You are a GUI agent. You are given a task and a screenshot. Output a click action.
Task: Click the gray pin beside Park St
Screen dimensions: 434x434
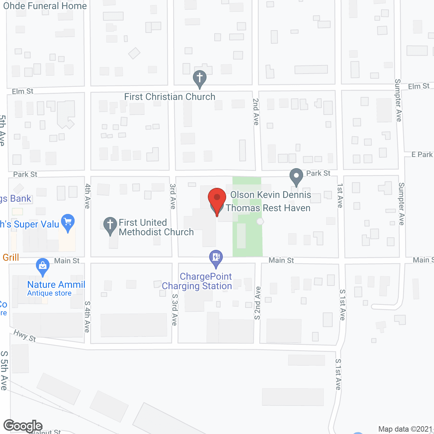(296, 176)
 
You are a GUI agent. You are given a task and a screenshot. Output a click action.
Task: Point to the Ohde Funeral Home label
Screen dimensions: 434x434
(45, 6)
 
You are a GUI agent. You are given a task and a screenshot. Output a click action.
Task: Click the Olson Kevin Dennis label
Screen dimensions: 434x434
(271, 195)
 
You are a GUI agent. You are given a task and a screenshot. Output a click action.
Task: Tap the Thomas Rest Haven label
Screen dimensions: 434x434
(268, 208)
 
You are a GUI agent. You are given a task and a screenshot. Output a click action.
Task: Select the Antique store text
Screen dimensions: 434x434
(49, 293)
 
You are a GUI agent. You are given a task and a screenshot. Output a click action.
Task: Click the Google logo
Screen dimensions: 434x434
(23, 426)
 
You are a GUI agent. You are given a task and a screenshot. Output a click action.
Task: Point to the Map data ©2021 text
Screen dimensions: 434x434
(405, 429)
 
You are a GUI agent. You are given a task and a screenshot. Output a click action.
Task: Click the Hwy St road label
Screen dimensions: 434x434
(25, 336)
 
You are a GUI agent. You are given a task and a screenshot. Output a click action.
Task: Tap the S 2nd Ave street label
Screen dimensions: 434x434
(258, 303)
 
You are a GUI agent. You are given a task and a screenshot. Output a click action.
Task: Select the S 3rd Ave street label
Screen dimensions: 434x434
(175, 309)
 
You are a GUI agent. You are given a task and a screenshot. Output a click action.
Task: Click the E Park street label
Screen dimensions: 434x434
(422, 155)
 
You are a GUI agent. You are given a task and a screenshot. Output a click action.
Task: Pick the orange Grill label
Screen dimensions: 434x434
(11, 257)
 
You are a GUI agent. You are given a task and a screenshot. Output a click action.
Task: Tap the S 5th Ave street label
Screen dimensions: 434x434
(4, 370)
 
